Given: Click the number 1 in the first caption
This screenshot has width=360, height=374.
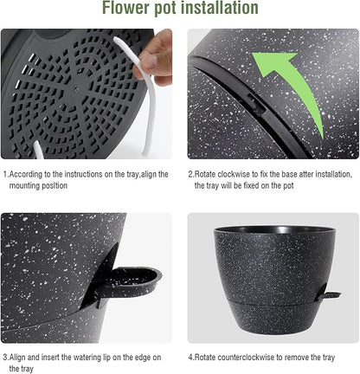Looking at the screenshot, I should (3, 174).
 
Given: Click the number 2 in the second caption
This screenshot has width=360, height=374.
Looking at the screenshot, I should (191, 174).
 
